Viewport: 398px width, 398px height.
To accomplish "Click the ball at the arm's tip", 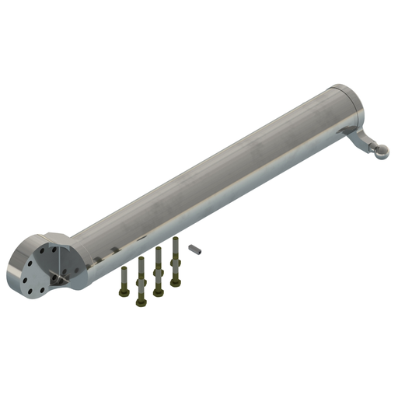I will point(380,152).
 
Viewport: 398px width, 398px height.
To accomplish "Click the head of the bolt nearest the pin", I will point(176,282).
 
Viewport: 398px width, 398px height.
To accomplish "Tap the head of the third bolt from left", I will point(159,293).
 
